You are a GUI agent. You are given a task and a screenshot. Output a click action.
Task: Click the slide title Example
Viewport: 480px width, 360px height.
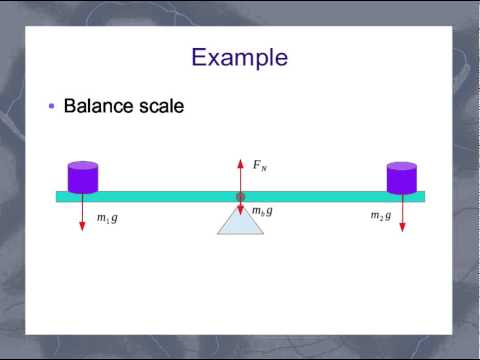[239, 57]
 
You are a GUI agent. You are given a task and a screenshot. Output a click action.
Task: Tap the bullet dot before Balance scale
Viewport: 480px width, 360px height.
[51, 106]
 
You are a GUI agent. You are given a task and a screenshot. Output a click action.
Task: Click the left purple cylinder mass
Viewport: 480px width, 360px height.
[82, 177]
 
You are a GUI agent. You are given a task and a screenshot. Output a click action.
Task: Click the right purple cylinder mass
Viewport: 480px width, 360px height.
[401, 177]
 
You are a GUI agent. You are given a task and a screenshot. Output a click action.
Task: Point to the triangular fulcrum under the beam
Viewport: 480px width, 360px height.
[240, 222]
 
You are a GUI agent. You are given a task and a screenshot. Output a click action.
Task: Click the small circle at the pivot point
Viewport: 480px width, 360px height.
[240, 197]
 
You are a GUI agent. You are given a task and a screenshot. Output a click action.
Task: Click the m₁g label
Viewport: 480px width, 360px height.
[106, 217]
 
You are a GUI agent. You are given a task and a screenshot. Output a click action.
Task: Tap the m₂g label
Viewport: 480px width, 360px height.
[381, 216]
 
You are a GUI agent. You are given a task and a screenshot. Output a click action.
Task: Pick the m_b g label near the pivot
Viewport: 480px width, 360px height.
[261, 211]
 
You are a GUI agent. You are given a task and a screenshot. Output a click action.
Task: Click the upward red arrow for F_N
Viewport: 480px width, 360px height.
[240, 173]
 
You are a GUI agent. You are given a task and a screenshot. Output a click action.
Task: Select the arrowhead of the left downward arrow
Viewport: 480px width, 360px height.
[82, 228]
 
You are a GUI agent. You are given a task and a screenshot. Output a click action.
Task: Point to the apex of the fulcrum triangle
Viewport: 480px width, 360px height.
[240, 204]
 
